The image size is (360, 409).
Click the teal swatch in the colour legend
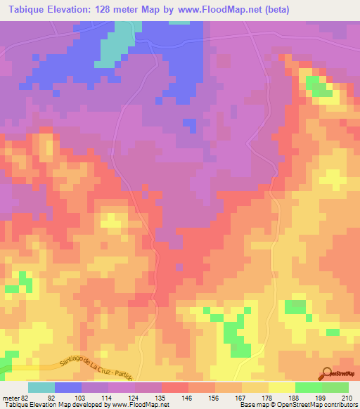pyautogui.click(x=41, y=387)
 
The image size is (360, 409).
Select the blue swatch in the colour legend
pyautogui.click(x=68, y=387)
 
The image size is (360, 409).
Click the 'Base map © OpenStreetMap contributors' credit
pyautogui.click(x=296, y=404)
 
